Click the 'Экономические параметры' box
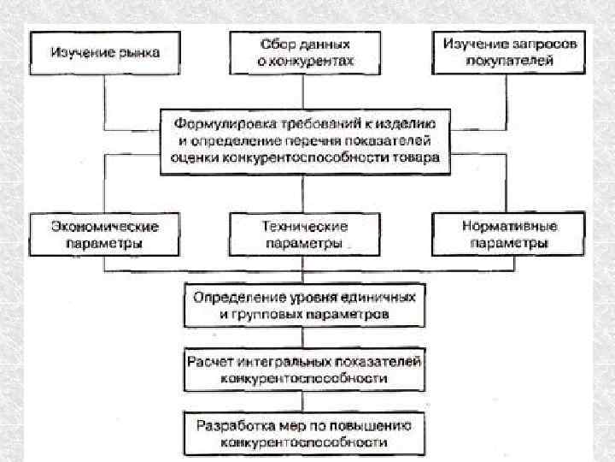click(x=105, y=234)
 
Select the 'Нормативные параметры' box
click(x=509, y=234)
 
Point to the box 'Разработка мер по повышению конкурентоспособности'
click(x=304, y=434)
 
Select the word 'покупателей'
click(x=510, y=61)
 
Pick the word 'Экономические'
click(x=105, y=227)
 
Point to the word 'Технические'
click(x=304, y=227)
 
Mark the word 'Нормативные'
click(x=509, y=227)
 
